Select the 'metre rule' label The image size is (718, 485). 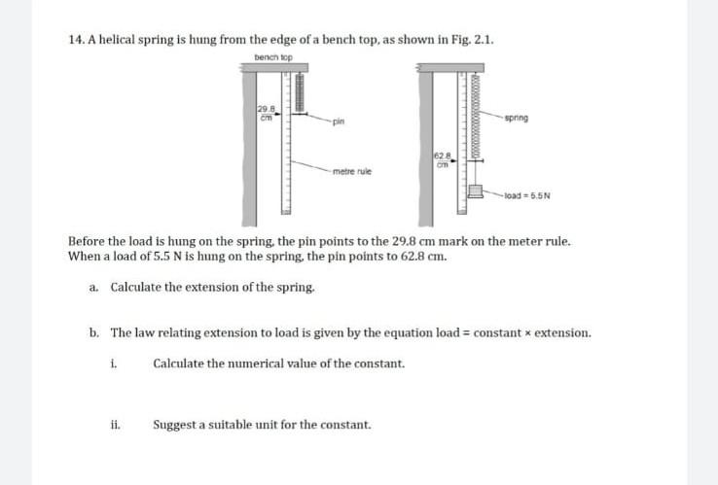[348, 171]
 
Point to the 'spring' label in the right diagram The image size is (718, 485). [518, 118]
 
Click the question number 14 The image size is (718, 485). [77, 40]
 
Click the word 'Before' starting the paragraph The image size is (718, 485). [88, 240]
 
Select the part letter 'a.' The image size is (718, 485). [93, 288]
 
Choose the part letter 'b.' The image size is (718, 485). [93, 332]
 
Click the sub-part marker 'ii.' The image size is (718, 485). [114, 425]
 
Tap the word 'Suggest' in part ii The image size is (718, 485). [175, 425]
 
